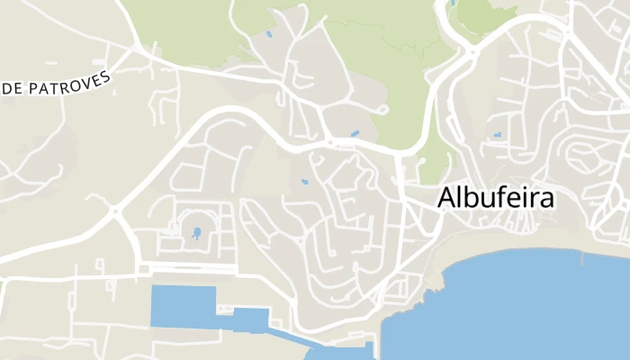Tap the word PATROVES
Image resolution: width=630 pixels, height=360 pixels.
71,83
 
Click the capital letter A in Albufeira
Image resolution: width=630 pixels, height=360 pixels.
447,199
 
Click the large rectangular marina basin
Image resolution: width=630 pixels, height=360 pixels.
183,306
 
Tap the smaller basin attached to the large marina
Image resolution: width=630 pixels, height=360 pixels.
252,319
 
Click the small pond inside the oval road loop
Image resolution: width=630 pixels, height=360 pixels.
196,234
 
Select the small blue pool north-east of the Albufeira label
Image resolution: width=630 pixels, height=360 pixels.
497,136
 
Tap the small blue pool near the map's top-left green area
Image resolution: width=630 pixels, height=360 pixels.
268,35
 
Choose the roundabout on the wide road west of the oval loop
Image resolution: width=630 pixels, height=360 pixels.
116,212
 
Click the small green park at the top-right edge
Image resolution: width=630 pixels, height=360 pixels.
486,13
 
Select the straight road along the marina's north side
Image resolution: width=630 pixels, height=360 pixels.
193,269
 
